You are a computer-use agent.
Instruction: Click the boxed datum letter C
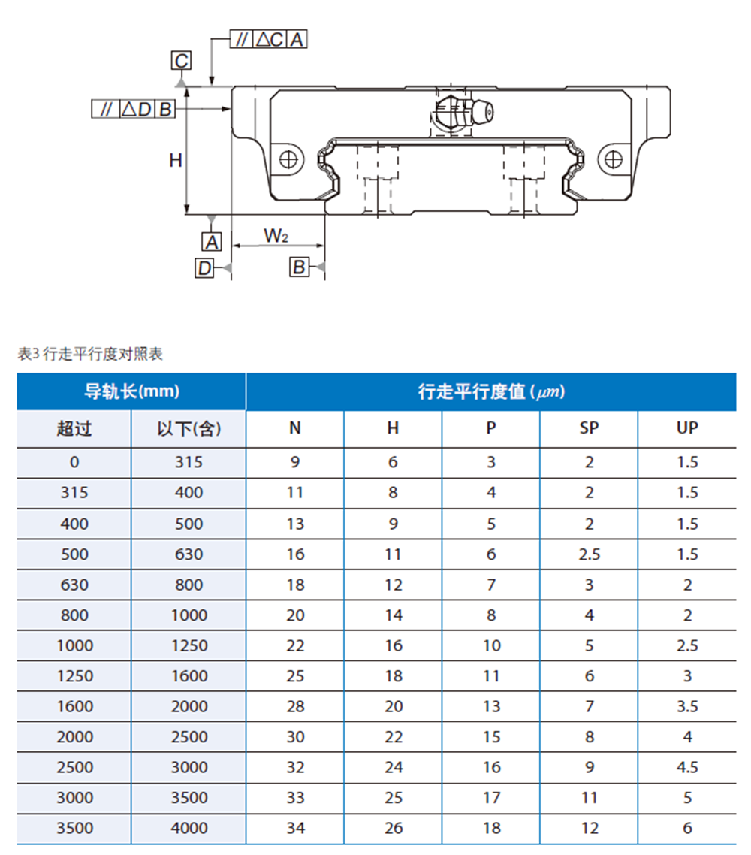pyautogui.click(x=182, y=60)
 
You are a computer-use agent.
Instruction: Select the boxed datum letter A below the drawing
pyautogui.click(x=212, y=242)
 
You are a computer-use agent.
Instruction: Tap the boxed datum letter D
pyautogui.click(x=204, y=267)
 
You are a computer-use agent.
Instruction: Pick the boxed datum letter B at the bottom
pyautogui.click(x=299, y=267)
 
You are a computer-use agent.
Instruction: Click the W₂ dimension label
pyautogui.click(x=276, y=236)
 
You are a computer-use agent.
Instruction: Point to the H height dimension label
pyautogui.click(x=176, y=160)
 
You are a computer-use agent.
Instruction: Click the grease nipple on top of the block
pyautogui.click(x=463, y=112)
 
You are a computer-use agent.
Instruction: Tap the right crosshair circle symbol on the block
pyautogui.click(x=613, y=160)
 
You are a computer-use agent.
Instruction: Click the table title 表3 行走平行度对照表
pyautogui.click(x=90, y=354)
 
